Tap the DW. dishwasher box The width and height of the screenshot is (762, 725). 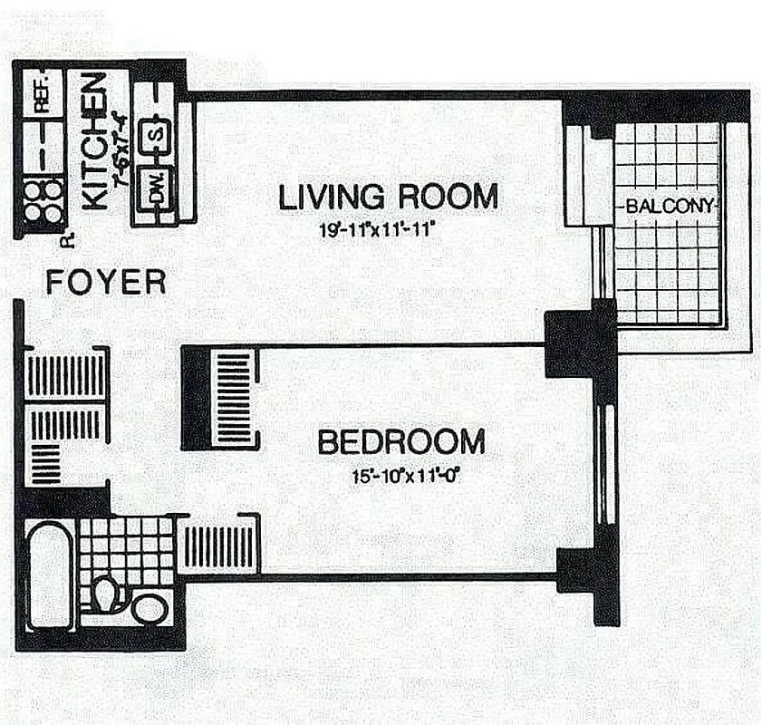click(x=156, y=188)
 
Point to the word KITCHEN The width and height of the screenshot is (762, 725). click(x=93, y=141)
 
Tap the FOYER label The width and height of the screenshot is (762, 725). click(x=106, y=283)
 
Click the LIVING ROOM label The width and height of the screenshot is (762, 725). click(x=388, y=197)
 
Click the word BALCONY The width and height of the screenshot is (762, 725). click(x=669, y=206)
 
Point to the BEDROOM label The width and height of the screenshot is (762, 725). click(x=400, y=442)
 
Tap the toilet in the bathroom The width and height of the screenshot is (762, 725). click(x=107, y=596)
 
